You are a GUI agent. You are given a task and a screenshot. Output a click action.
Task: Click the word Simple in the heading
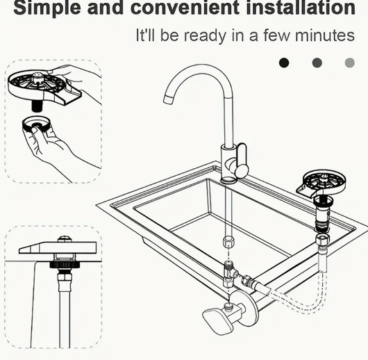pyautogui.click(x=47, y=8)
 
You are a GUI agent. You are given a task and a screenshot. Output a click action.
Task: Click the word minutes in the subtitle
pyautogui.click(x=325, y=35)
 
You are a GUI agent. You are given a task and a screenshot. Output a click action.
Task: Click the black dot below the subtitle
pyautogui.click(x=284, y=63)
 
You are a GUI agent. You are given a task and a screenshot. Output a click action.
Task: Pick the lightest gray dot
pyautogui.click(x=350, y=63)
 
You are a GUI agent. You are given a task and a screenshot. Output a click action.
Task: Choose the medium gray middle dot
pyautogui.click(x=317, y=63)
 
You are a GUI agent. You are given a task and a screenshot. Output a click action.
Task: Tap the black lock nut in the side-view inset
pyautogui.click(x=65, y=265)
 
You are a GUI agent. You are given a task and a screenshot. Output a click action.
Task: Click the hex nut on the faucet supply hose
pyautogui.click(x=227, y=242)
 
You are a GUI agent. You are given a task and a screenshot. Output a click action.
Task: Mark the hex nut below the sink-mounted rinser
pyautogui.click(x=322, y=240)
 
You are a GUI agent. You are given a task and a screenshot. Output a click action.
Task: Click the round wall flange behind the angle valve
pyautogui.click(x=248, y=308)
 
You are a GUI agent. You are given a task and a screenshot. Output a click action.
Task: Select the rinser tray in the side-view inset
pyautogui.click(x=58, y=247)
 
